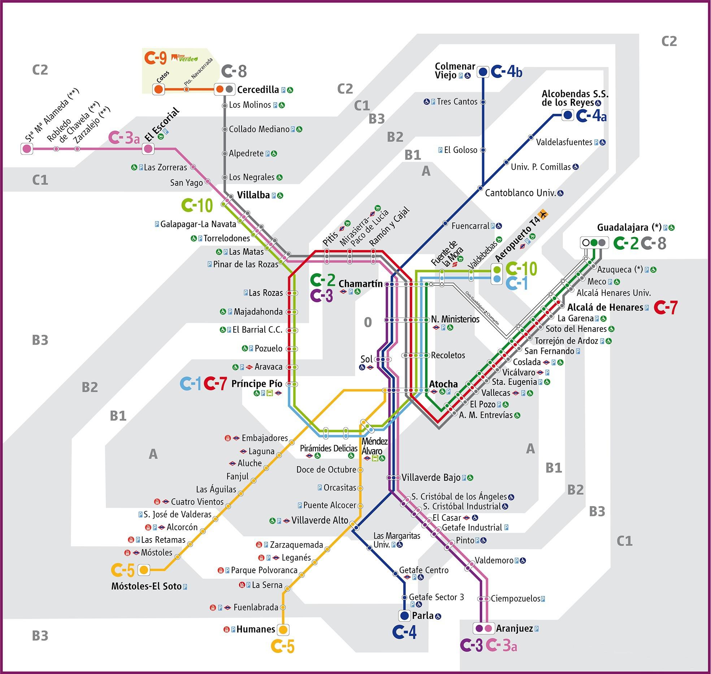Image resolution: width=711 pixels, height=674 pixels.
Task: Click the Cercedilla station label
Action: coord(258,90)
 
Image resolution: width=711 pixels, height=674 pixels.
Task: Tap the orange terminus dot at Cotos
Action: coord(158,89)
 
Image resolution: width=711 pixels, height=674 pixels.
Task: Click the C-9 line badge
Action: coord(155,58)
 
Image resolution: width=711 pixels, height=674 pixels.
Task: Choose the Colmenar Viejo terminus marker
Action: coord(483,72)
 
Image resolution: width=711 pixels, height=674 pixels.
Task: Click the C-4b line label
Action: coord(507,72)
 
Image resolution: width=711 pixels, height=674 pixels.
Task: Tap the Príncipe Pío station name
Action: coord(257,383)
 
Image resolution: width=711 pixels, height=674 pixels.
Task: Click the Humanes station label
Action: coord(256,629)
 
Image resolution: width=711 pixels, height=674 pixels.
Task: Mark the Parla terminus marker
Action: coord(404,615)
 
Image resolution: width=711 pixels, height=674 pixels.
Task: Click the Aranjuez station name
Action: coord(514,628)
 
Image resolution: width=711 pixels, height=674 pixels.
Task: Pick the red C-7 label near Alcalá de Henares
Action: coord(666,308)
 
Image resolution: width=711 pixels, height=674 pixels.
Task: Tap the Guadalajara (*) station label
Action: coord(629,227)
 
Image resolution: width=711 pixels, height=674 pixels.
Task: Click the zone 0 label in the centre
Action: coord(368,322)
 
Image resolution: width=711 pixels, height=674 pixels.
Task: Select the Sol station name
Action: coord(366,359)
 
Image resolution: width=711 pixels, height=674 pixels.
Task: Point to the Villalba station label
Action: coord(253,195)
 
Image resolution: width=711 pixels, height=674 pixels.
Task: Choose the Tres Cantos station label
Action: coord(457,102)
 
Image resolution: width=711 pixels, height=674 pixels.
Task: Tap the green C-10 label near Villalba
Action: coord(197,205)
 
